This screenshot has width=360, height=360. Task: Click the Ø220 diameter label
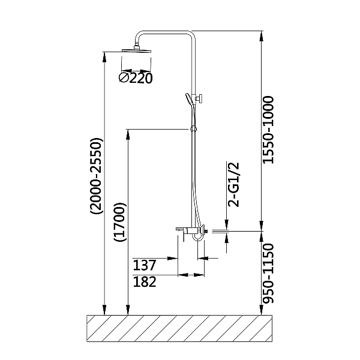136,78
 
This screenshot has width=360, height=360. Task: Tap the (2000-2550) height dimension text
96,176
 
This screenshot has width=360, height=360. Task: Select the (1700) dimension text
121,222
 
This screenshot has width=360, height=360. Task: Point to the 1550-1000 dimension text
268,130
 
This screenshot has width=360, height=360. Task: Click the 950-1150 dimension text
268,274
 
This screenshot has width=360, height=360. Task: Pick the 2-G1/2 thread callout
234,185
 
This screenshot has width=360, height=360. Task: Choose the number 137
145,265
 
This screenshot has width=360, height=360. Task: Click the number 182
145,282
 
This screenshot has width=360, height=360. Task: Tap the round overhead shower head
137,50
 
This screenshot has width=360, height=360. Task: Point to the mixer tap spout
181,229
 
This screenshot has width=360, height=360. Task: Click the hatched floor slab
179,329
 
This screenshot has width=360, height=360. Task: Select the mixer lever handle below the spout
183,237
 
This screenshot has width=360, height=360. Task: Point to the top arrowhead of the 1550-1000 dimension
261,36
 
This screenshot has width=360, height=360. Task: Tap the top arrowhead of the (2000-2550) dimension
104,58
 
